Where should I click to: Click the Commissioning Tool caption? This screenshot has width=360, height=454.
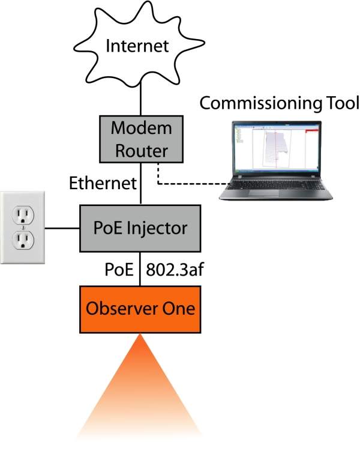(x=279, y=103)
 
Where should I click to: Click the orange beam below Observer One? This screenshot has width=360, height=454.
(x=141, y=390)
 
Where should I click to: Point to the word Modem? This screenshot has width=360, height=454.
(x=142, y=129)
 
